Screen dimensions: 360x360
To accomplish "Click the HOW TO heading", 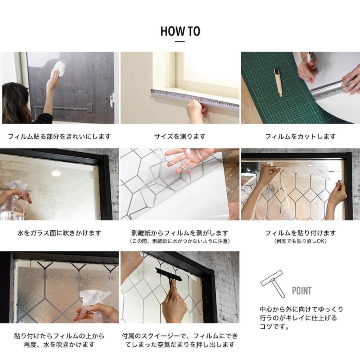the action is (x=180, y=31).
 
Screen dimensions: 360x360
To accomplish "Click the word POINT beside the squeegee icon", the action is (x=302, y=291).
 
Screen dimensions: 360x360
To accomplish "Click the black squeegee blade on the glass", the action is (x=169, y=274).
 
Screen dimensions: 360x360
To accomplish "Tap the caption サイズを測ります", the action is (x=180, y=137).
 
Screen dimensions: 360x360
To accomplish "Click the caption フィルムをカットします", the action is (x=300, y=137).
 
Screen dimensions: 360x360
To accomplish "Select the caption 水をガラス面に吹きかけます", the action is (x=59, y=233).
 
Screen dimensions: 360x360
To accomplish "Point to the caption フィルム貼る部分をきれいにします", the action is (x=59, y=137).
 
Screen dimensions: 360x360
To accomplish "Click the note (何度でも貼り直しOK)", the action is (x=300, y=241).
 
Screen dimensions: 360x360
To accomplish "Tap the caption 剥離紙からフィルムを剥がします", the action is (x=180, y=233).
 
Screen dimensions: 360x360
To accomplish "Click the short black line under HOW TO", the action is (x=180, y=42).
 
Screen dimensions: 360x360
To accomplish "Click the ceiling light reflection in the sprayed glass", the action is (x=56, y=173).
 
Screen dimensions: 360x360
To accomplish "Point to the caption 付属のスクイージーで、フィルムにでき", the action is (x=180, y=336).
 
